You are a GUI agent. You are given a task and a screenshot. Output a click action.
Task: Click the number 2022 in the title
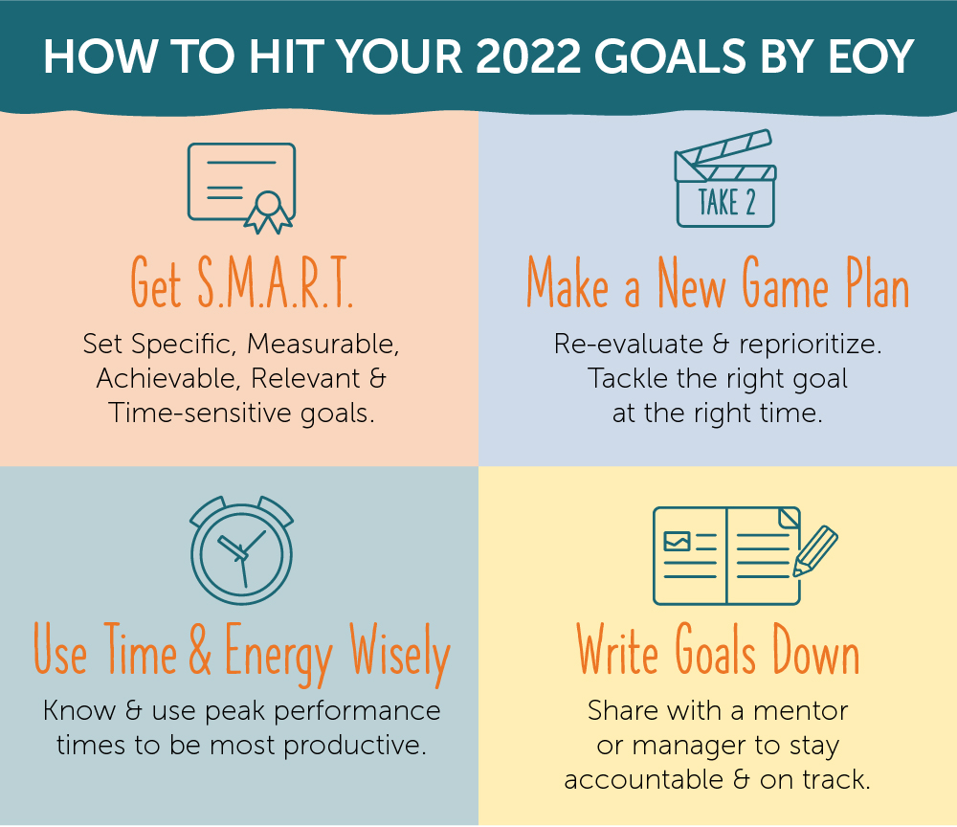[528, 56]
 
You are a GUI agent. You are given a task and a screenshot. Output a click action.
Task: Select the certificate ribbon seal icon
[268, 212]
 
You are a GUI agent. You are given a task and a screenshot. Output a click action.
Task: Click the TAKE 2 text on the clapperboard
[726, 202]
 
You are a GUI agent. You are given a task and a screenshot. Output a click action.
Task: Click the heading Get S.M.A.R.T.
[242, 282]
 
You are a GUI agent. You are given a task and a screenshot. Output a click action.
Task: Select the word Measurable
[323, 344]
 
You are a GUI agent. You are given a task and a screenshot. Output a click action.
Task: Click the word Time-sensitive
[200, 413]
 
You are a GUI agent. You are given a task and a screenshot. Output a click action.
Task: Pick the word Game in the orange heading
[785, 282]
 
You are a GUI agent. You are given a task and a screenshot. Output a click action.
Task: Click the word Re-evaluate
[628, 344]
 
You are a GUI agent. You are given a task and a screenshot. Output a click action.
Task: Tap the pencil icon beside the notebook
[815, 551]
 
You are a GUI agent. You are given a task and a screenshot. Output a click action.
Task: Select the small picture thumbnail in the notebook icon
[677, 542]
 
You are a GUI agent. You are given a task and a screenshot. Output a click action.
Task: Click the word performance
[357, 711]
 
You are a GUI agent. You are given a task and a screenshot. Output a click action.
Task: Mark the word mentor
[801, 711]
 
